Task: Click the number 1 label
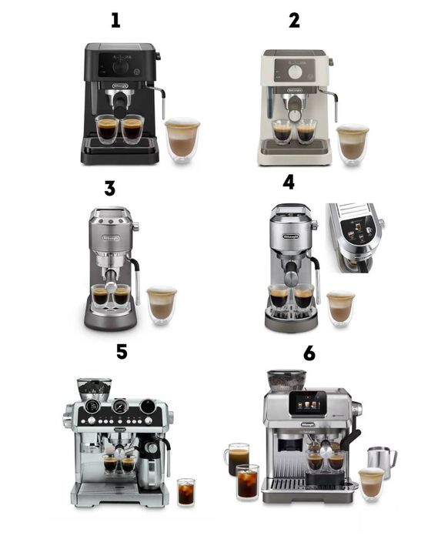(x=115, y=20)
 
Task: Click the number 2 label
(x=294, y=20)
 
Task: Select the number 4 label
(x=289, y=182)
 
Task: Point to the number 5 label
(x=121, y=352)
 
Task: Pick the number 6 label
(x=309, y=353)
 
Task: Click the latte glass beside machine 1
(x=182, y=139)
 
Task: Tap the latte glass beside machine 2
(x=352, y=143)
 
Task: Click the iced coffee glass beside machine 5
(x=185, y=490)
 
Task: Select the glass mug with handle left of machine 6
(x=239, y=460)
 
